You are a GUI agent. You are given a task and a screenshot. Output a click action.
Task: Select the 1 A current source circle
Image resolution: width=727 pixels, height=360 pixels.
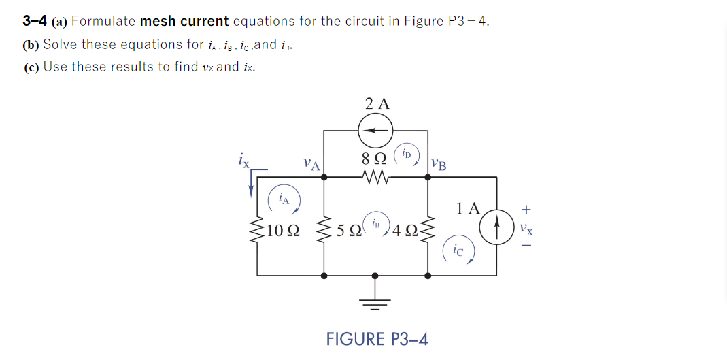(x=496, y=222)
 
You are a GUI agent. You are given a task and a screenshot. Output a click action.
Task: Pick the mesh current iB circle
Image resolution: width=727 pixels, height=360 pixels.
(x=376, y=223)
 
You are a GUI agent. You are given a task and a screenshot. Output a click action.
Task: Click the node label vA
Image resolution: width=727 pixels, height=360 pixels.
(x=312, y=164)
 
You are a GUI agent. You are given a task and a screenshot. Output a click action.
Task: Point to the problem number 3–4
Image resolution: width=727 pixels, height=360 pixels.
(x=34, y=21)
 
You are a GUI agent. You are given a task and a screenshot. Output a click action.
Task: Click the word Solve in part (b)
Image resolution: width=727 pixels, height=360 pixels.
(x=60, y=44)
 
